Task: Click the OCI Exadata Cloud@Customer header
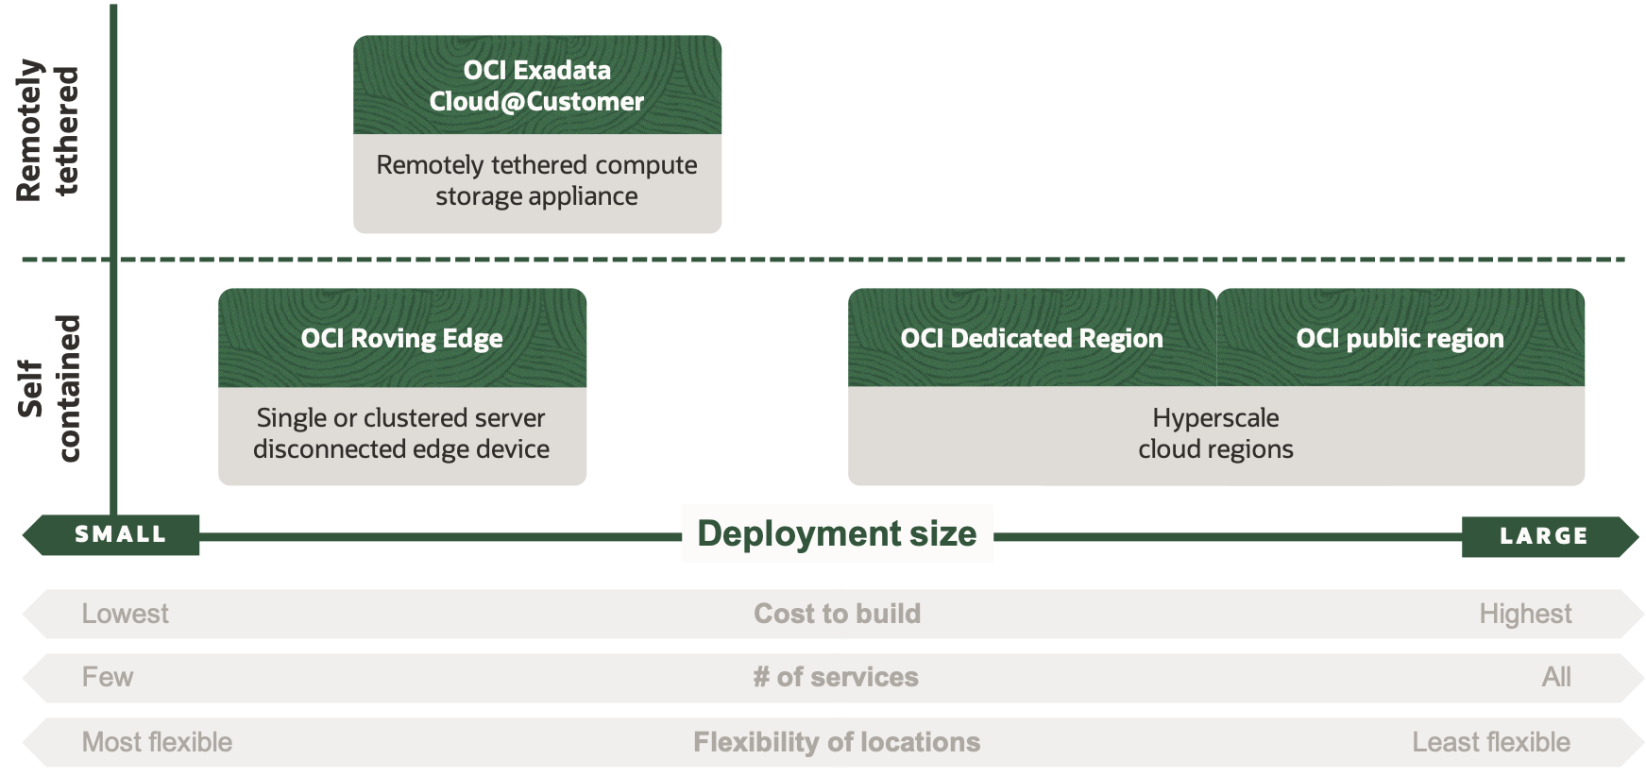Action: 536,85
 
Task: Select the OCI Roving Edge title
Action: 401,338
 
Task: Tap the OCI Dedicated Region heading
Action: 1031,338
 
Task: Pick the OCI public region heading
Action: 1400,338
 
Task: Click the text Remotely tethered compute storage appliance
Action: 536,180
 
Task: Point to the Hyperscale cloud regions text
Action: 1215,433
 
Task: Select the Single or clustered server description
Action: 401,433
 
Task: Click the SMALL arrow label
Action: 120,534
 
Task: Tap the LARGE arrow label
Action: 1544,536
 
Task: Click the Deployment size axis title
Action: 837,533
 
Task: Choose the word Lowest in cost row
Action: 125,614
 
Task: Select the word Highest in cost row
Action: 1524,614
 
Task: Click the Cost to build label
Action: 837,614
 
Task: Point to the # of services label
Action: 836,677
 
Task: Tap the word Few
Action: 107,677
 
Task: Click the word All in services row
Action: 1555,677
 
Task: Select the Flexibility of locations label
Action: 837,742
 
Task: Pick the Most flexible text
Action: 157,742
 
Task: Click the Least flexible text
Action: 1490,742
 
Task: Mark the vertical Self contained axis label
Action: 49,388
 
